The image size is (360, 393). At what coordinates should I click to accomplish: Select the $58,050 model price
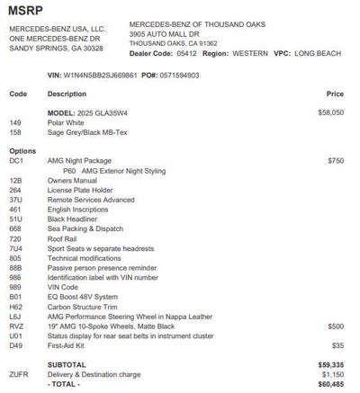(328, 112)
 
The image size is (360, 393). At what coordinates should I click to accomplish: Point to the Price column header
(335, 94)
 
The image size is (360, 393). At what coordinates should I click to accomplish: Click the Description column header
(67, 94)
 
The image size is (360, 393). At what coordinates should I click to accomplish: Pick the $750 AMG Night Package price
(335, 159)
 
